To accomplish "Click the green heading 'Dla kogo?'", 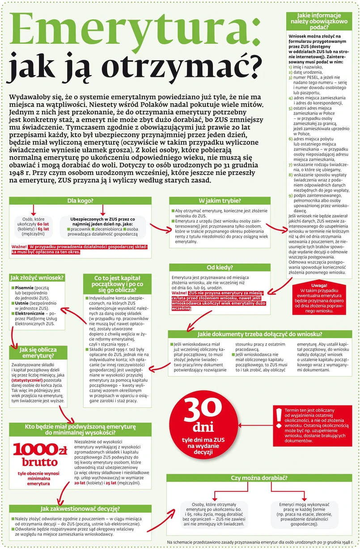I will pyautogui.click(x=80, y=201).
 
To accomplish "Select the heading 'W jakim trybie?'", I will pyautogui.click(x=220, y=201).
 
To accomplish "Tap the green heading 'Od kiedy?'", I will pyautogui.click(x=219, y=268).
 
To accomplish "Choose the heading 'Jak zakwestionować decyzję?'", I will pyautogui.click(x=80, y=508).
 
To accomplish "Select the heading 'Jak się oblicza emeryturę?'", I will pyautogui.click(x=38, y=352).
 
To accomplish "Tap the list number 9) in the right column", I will pyautogui.click(x=290, y=196).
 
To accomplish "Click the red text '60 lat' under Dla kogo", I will pyautogui.click(x=43, y=224).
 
